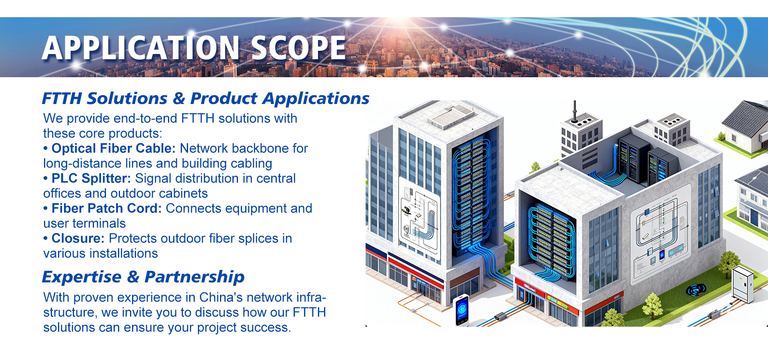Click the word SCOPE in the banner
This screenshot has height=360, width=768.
coord(298,48)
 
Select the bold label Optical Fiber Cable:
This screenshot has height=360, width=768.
coord(114,148)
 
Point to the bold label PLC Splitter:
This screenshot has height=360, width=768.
coord(91,178)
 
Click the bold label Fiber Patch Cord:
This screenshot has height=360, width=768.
coord(106,208)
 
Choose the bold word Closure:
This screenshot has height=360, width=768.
coord(78,238)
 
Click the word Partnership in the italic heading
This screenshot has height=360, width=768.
coord(194,277)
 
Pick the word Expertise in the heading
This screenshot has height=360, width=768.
coord(82,277)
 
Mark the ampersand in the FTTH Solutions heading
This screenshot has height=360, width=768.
coord(179,98)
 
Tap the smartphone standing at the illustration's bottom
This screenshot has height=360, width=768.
coord(462,310)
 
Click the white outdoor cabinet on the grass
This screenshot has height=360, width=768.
coord(743,284)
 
